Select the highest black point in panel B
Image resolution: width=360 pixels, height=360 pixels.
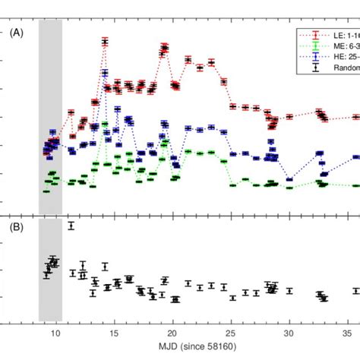coord(71,226)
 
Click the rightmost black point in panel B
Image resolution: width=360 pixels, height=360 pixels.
coord(355,291)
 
